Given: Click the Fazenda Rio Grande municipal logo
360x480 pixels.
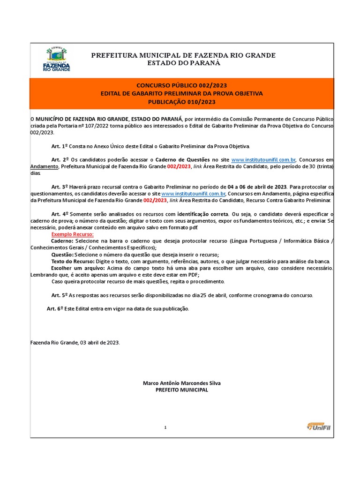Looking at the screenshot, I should (56, 59).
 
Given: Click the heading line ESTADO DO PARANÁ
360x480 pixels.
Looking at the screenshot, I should (183, 63).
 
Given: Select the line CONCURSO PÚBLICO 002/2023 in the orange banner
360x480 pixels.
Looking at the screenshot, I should (181, 85).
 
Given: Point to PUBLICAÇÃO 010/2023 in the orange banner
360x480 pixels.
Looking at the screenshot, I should (182, 102).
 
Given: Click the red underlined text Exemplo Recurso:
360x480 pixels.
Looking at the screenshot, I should (72, 234).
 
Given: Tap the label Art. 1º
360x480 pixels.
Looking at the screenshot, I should (60, 147).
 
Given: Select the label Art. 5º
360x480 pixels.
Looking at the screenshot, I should (60, 295).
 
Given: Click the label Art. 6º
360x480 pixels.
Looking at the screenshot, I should (55, 309).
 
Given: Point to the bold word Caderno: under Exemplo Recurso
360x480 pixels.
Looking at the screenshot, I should (62, 241).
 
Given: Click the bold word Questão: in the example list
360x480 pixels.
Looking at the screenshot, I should (63, 255).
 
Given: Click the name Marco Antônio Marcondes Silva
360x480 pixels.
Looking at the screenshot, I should (181, 383).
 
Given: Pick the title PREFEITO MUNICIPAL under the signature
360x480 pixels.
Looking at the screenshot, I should (181, 390).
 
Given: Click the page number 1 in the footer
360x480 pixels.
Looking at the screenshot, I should (165, 427).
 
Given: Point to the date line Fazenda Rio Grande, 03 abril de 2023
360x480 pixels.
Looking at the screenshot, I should (75, 343).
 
